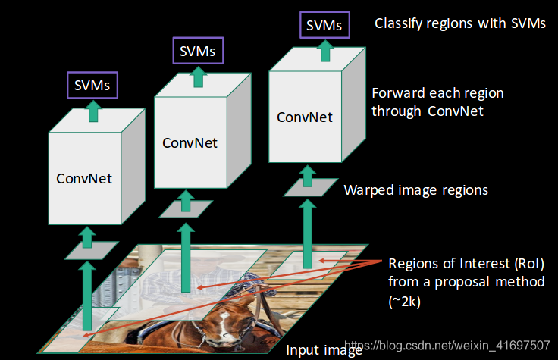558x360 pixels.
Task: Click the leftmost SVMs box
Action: pos(92,86)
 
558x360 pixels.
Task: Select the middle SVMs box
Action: pos(198,51)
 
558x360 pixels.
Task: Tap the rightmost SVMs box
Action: pos(324,25)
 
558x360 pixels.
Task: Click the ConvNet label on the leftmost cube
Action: pos(84,179)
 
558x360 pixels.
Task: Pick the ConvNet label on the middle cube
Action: pos(190,143)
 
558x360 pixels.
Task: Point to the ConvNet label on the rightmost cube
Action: pos(305,117)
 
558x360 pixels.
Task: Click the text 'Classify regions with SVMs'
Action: pos(459,23)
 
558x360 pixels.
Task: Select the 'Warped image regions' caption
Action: pos(415,190)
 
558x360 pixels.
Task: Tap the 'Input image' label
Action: pos(324,350)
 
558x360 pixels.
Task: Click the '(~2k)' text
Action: pos(405,302)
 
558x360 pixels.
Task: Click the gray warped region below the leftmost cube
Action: pos(91,250)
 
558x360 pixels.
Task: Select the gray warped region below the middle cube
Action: pos(186,209)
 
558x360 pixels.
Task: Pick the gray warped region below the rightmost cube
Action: pos(310,187)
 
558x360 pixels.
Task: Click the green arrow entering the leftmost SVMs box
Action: pos(93,111)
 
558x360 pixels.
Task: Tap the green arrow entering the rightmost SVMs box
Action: pos(325,51)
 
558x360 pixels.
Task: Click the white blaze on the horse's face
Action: pos(224,324)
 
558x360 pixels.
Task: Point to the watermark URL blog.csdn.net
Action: pos(447,345)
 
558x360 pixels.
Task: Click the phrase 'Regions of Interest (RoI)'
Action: pos(466,264)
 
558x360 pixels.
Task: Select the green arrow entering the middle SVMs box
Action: pos(198,77)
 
